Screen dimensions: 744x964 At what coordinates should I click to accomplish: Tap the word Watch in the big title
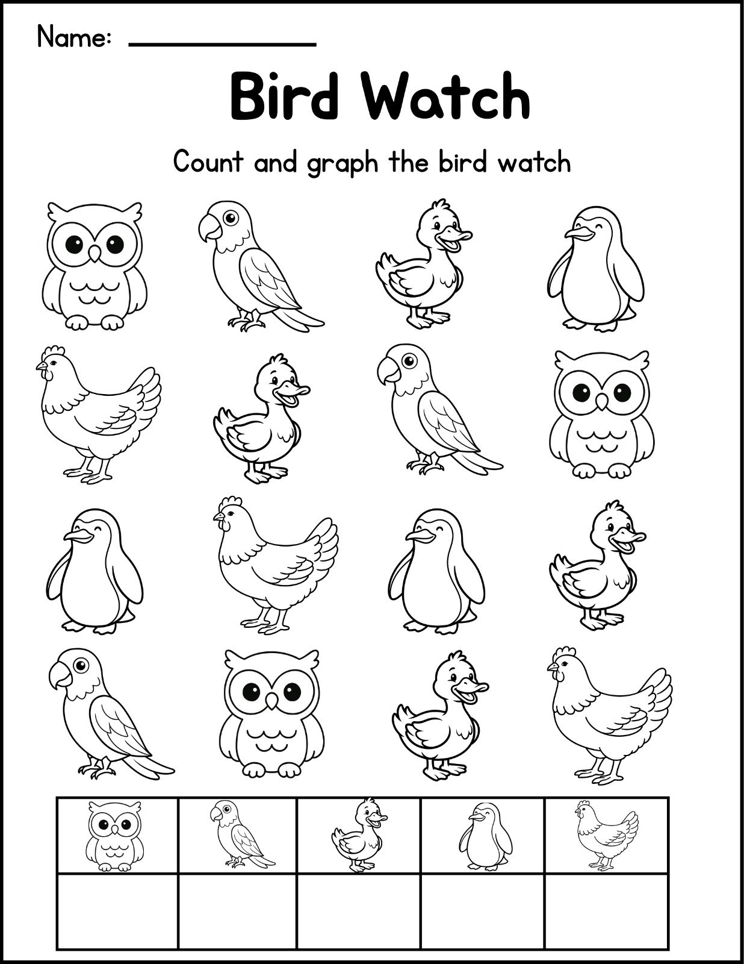click(447, 96)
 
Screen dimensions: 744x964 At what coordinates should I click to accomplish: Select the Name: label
click(74, 37)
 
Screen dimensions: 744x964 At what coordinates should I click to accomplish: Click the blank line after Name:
click(222, 44)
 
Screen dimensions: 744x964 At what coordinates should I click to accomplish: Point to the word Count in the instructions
click(208, 162)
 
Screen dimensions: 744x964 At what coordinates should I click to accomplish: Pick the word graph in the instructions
click(343, 164)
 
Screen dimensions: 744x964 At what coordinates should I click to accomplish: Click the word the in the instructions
click(408, 162)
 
